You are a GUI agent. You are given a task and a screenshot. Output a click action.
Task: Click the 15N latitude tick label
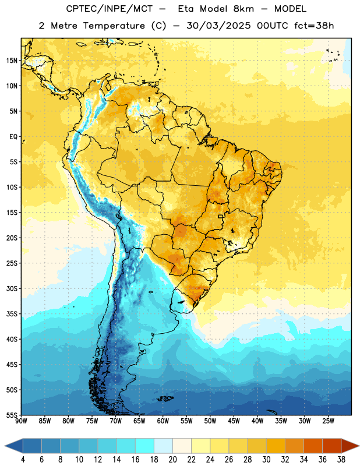point(12,61)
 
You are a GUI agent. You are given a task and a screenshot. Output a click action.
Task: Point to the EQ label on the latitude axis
point(13,137)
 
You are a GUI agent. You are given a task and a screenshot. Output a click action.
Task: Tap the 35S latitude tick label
point(12,314)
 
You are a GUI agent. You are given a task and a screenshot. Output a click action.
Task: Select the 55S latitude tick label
point(12,415)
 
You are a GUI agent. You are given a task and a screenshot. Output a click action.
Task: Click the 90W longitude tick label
point(21,421)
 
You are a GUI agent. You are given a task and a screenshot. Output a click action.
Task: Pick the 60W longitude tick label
point(163,421)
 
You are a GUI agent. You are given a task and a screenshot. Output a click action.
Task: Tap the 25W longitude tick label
point(328,421)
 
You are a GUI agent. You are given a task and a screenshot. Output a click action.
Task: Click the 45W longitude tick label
point(234,421)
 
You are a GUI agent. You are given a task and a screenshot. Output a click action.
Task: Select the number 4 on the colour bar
point(23,460)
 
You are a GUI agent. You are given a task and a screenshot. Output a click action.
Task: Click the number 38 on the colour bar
point(341,460)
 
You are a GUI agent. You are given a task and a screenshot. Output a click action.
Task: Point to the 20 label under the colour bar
point(172,460)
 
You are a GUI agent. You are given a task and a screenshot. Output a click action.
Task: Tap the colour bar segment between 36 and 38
point(332,446)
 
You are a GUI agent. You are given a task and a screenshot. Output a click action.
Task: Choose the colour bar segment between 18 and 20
point(164,446)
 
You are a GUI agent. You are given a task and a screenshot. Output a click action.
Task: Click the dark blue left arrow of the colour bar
point(14,446)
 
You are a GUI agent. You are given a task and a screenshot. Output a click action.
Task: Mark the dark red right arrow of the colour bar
point(350,446)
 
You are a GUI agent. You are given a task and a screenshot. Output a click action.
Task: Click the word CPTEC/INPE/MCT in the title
point(109,9)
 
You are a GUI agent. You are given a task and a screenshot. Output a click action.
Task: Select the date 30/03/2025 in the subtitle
point(218,26)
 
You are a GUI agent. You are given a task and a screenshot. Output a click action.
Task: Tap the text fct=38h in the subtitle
point(314,26)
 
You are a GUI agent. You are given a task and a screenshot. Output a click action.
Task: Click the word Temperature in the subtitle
point(114,26)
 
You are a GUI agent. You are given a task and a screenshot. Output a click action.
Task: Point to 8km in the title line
point(243,9)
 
